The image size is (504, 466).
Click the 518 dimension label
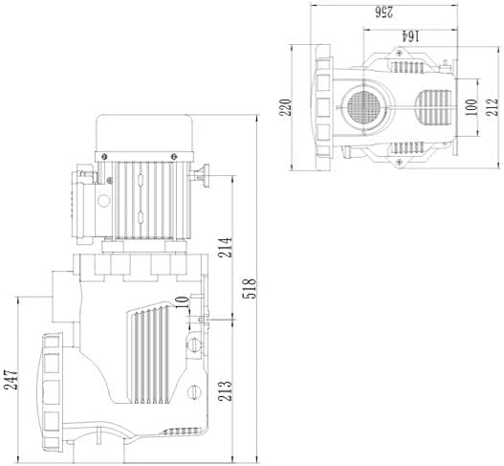coord(250,288)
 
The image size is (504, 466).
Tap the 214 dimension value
coord(226,247)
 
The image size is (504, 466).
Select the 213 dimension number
coord(225,390)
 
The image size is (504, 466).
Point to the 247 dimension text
coord(11,380)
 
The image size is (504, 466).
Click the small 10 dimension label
coord(183,302)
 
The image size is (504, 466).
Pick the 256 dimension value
coord(384,12)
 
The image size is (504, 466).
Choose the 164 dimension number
coord(411,36)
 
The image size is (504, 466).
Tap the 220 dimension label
coord(285,107)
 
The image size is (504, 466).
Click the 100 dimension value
coord(471,107)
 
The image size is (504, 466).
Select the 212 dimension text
coord(493,107)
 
